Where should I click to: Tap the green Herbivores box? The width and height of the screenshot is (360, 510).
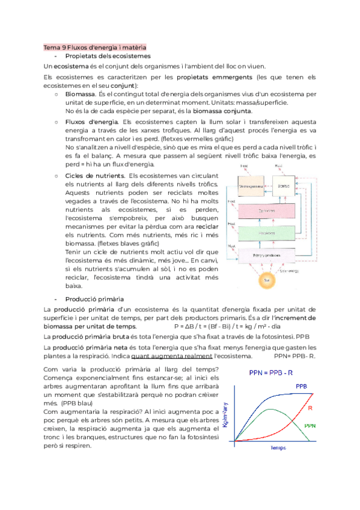tap(269, 233)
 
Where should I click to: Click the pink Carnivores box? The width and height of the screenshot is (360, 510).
tap(269, 211)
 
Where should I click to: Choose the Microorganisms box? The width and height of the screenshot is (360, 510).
tap(252, 186)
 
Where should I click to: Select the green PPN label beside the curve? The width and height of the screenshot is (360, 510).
tap(310, 425)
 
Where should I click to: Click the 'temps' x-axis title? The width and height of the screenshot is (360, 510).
tap(278, 448)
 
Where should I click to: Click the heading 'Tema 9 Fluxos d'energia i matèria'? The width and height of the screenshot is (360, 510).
tap(95, 47)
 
